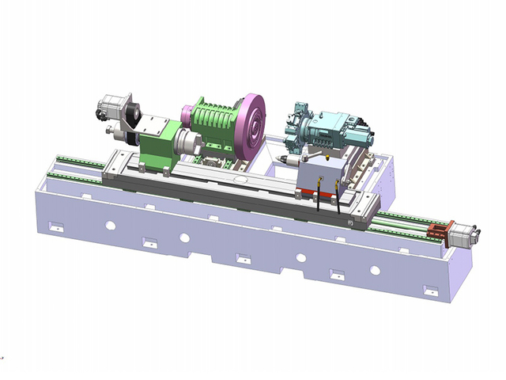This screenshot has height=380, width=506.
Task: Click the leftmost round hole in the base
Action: pos(110,226)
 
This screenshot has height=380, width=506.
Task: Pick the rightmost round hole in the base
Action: pos(376,270)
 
